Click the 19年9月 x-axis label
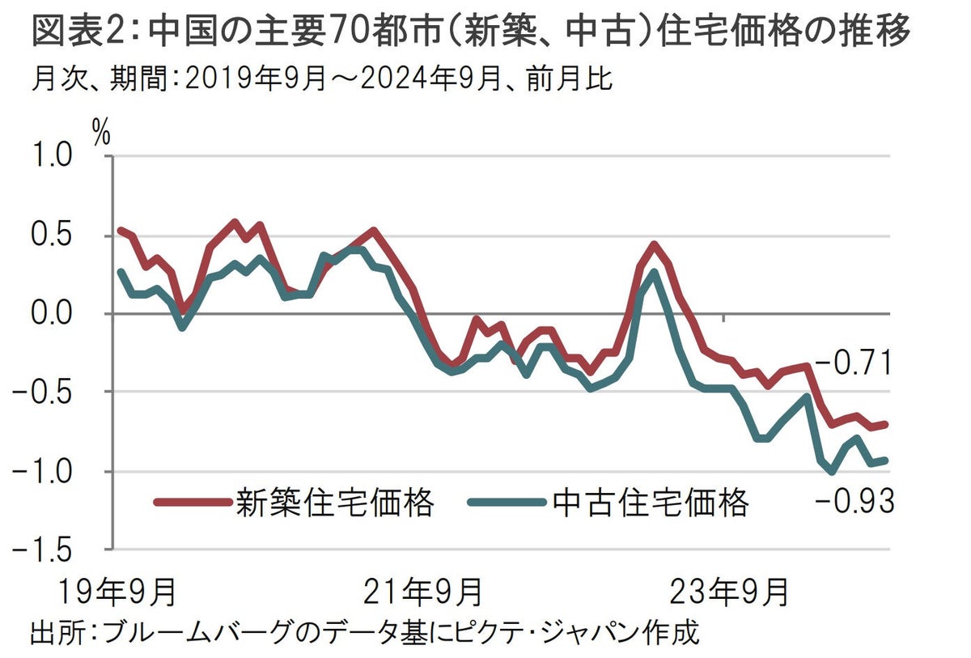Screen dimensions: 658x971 (x=117, y=592)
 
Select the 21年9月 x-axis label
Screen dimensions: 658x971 (x=423, y=592)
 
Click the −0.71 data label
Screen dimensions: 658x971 (x=853, y=364)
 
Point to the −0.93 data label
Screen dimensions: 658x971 (x=854, y=503)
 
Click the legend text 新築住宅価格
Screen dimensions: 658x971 (x=335, y=503)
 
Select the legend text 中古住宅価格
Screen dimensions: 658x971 (x=651, y=503)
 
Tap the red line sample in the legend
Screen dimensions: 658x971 (x=192, y=503)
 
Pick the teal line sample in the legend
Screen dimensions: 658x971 (x=507, y=503)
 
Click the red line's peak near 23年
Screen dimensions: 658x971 (x=654, y=244)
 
